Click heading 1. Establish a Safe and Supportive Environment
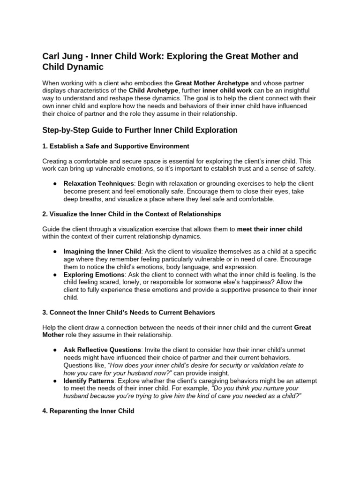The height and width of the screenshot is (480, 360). point(116,146)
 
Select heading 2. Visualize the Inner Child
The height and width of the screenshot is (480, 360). point(132,214)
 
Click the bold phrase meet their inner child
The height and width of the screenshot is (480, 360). point(270,229)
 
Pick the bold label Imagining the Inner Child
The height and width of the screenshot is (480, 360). point(102,251)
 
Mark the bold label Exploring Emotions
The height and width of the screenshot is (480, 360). point(94,274)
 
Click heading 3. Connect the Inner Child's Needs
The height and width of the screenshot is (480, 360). point(128,312)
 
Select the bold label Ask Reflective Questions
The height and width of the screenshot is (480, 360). point(102,350)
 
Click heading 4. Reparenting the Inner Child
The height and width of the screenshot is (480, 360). point(88,411)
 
